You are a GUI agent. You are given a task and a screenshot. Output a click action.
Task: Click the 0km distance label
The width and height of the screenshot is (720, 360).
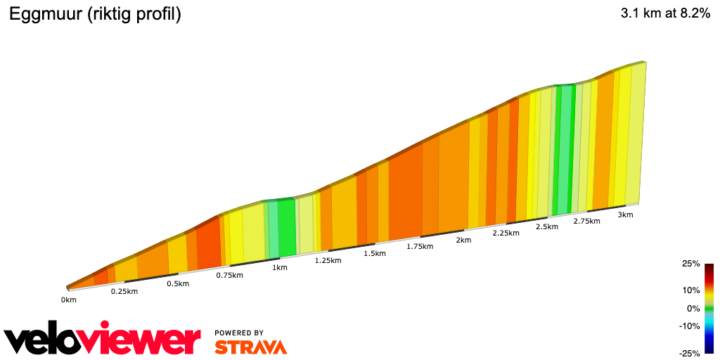point(68,300)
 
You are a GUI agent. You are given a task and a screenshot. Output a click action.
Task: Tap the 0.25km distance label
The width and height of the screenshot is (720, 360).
point(124,291)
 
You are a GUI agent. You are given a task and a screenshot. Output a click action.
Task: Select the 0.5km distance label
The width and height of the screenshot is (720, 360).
point(178,283)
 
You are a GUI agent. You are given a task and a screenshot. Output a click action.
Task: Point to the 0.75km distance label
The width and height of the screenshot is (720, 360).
point(230,275)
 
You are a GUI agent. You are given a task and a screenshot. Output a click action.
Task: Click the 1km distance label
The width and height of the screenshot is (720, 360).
point(279,267)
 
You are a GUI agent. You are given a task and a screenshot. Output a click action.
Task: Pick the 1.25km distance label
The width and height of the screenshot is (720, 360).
point(328,260)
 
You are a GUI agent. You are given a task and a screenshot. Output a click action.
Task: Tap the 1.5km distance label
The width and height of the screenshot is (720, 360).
point(375,253)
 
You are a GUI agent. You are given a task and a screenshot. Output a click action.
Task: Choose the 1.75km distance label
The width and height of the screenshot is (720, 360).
point(420,246)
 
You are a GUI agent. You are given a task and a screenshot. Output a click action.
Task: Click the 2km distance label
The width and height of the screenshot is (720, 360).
point(463,240)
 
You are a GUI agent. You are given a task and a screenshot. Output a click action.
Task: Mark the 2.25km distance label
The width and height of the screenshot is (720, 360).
point(506,233)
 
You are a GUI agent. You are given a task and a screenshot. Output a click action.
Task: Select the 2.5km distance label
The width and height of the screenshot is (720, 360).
point(546,226)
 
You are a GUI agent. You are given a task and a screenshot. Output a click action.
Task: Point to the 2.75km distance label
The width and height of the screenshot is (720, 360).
point(586,221)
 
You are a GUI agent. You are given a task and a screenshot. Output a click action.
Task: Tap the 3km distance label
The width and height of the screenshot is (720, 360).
point(625,214)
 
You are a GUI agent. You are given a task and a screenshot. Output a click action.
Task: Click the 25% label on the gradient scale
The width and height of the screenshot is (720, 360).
point(691,264)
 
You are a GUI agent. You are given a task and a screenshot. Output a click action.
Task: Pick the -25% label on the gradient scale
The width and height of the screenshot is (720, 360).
point(690,353)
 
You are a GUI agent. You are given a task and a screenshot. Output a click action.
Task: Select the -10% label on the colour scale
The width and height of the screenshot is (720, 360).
point(690,326)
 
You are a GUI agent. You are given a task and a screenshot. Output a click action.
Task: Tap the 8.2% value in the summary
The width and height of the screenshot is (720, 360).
point(691,15)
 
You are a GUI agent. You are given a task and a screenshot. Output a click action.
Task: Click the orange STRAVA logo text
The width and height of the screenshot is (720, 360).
point(250,347)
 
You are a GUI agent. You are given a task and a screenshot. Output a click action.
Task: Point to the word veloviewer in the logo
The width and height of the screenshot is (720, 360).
point(102,340)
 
